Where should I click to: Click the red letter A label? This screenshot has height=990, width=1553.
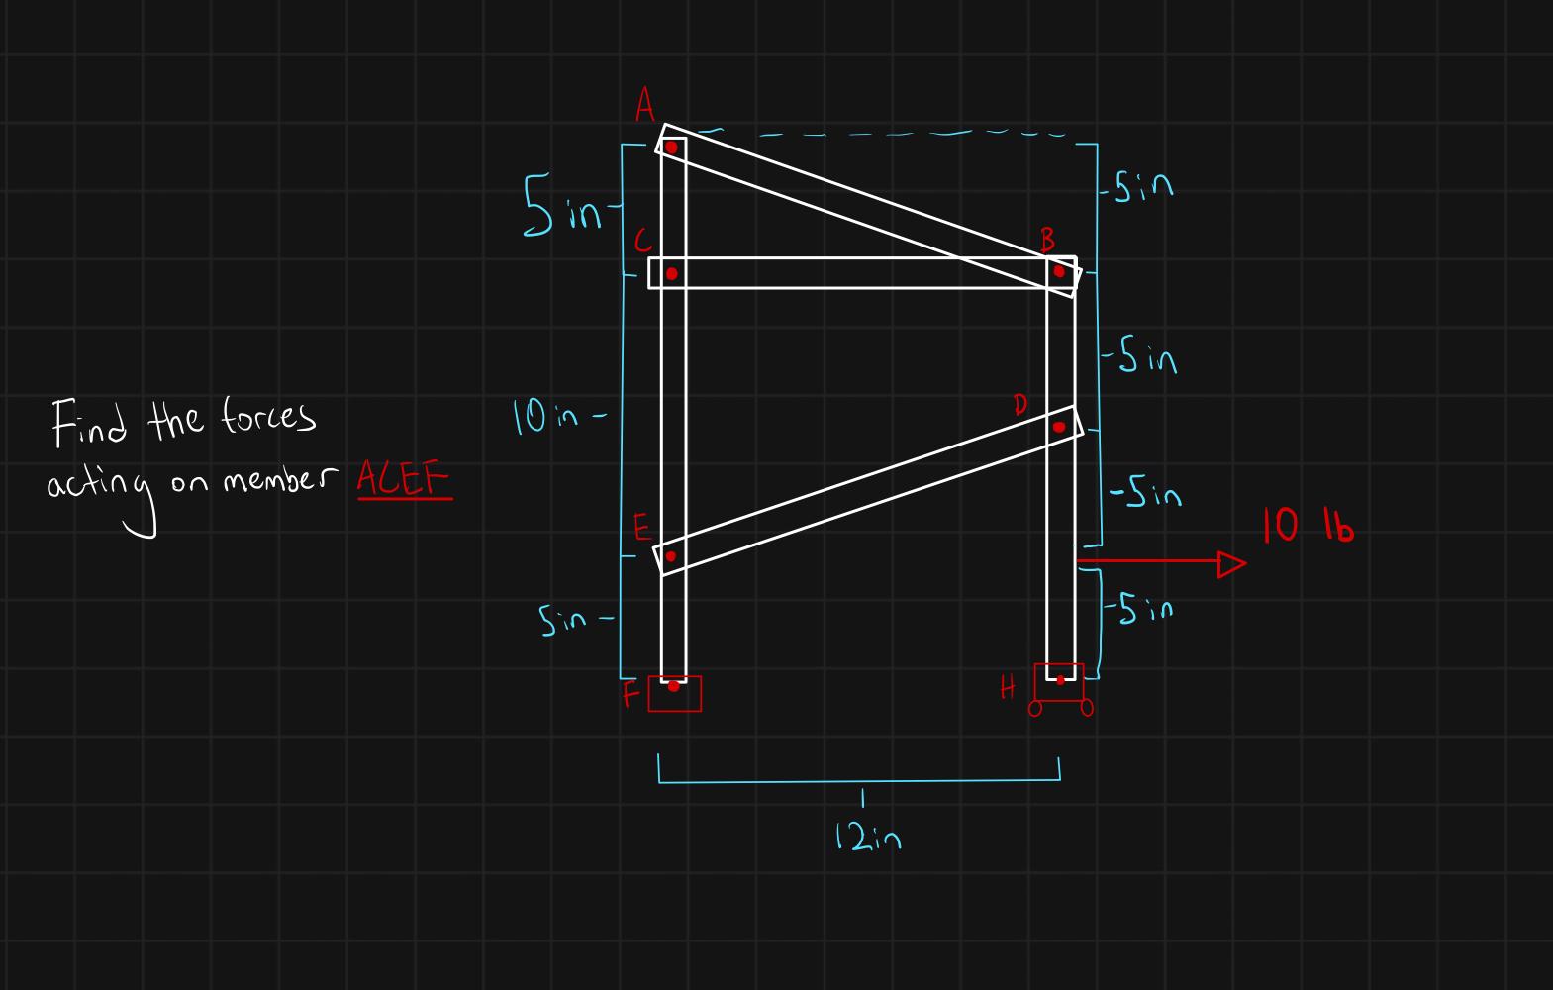(x=645, y=104)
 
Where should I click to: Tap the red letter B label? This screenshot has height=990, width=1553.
(x=1048, y=240)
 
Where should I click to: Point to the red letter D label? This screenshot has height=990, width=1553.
(x=1020, y=404)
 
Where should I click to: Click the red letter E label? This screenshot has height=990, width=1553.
(x=640, y=530)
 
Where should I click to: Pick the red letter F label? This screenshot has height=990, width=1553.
(x=631, y=696)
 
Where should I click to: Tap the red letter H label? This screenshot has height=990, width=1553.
(x=1008, y=687)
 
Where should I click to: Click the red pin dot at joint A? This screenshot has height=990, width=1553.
(x=671, y=148)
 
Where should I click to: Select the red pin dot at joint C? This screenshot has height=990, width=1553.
(x=671, y=273)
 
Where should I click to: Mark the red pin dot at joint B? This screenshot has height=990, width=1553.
(x=1059, y=271)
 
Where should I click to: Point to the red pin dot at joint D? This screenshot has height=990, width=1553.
(x=1059, y=427)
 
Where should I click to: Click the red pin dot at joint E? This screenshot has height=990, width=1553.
(x=670, y=556)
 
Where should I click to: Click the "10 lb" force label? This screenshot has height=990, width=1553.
(x=1308, y=526)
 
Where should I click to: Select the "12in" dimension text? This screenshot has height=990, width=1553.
(x=868, y=840)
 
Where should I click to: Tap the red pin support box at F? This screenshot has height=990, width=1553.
(x=675, y=694)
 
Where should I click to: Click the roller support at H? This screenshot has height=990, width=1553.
(x=1060, y=689)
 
